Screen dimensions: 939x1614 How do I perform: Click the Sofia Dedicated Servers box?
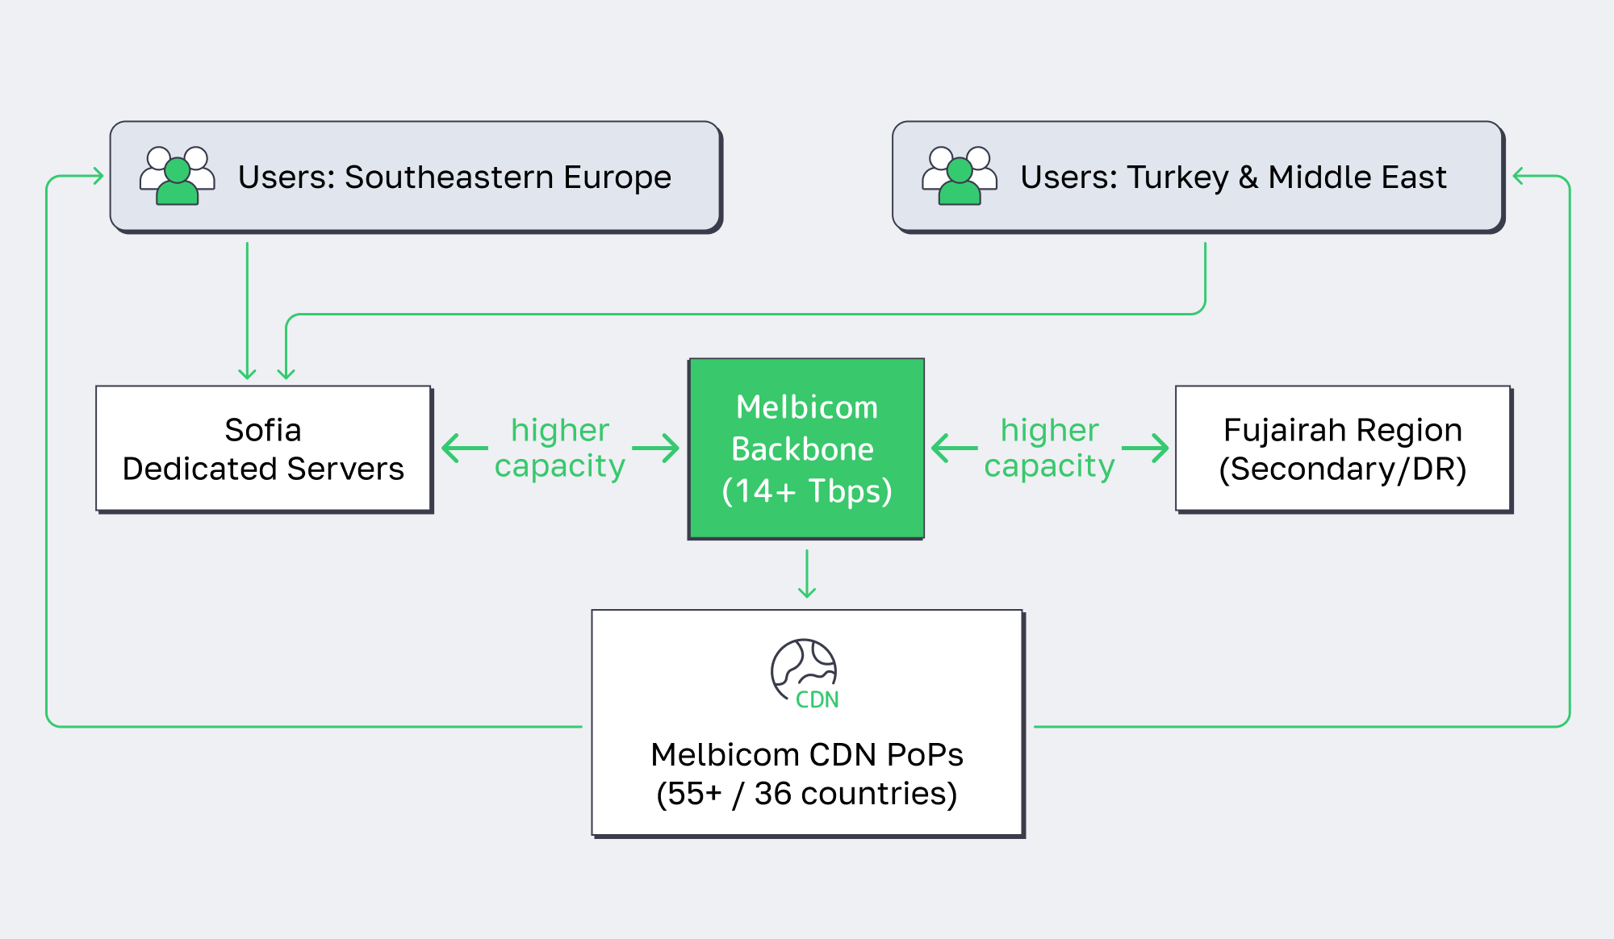[x=263, y=449]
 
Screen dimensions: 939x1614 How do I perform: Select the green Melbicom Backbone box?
[x=806, y=449]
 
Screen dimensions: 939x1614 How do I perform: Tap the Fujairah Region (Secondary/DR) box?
[x=1343, y=449]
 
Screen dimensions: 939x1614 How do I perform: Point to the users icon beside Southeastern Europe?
[x=178, y=176]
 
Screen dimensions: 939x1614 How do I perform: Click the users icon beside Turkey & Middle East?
[x=960, y=176]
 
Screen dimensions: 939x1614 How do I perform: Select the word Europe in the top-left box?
[x=617, y=177]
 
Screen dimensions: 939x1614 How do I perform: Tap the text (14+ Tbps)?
[x=806, y=491]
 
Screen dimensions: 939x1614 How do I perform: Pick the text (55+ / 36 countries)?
[x=806, y=794]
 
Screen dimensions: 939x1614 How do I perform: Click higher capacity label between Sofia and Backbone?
[x=560, y=449]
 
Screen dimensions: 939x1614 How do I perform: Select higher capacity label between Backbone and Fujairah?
[x=1049, y=449]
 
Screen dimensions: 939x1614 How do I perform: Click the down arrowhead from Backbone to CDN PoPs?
[x=807, y=592]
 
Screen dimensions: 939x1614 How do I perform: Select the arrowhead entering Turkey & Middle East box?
[x=1518, y=176]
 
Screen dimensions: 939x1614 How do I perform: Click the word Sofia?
[x=263, y=430]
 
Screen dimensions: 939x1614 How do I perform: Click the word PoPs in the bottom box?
[x=924, y=755]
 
